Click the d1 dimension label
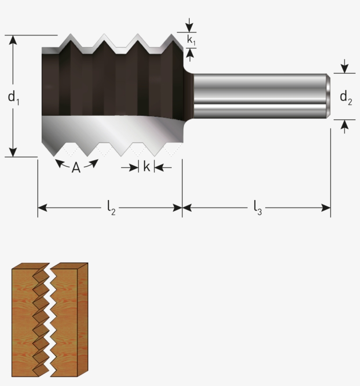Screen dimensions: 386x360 point(14,97)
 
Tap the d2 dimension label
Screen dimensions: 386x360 point(346,97)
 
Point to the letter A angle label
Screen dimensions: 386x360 point(76,168)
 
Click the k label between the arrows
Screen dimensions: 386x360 point(147,167)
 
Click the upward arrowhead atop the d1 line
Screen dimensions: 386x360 point(13,39)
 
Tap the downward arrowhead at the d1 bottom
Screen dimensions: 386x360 point(13,152)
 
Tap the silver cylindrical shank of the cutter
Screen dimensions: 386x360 point(259,96)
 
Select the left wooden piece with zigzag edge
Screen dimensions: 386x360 point(24,320)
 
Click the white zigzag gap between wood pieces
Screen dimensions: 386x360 point(52,316)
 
